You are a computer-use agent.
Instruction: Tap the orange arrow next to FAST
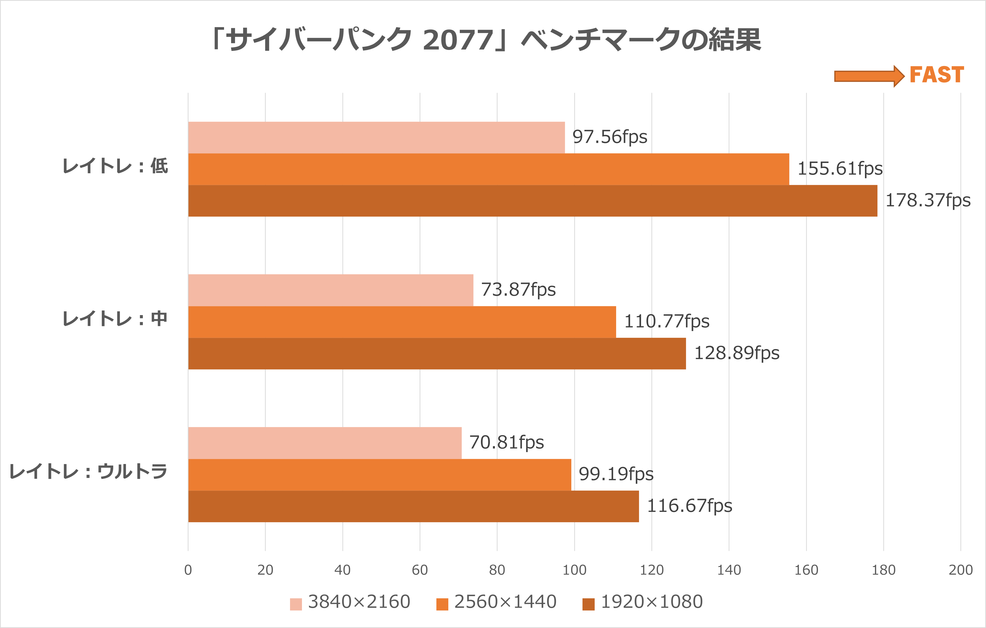coord(869,76)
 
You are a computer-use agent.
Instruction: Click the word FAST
coord(937,75)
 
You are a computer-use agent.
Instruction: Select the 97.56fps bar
coord(376,137)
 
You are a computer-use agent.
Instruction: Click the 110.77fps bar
coord(402,322)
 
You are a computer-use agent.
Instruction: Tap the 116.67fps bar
coord(413,507)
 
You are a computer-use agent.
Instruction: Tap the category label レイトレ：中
coord(115,319)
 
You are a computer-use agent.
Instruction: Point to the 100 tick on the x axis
coord(574,570)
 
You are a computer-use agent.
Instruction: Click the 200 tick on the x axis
coord(960,570)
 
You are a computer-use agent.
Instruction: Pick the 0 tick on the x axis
coord(188,570)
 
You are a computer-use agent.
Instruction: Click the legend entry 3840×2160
coord(350,602)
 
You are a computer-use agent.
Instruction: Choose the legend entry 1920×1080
coord(643,602)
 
